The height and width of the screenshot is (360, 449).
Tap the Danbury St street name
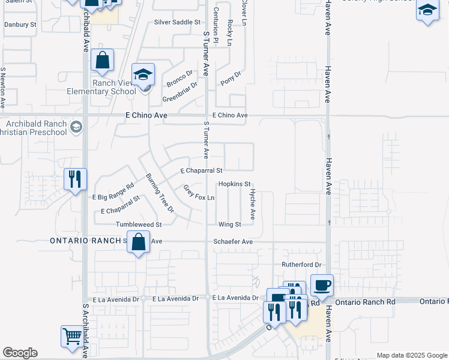pyautogui.click(x=20, y=25)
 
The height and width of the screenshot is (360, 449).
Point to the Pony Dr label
pyautogui.click(x=231, y=79)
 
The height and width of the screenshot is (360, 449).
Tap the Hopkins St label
pyautogui.click(x=234, y=184)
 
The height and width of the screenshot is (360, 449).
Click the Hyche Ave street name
pyautogui.click(x=253, y=204)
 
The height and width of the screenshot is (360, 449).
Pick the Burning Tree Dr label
pyautogui.click(x=160, y=193)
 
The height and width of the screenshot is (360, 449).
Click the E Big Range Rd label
pyautogui.click(x=113, y=192)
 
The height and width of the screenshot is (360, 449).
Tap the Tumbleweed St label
pyautogui.click(x=139, y=224)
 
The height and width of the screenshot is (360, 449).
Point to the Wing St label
pyautogui.click(x=229, y=224)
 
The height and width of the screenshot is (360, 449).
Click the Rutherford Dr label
pyautogui.click(x=301, y=265)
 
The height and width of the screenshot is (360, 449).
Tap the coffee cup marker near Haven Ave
pyautogui.click(x=322, y=284)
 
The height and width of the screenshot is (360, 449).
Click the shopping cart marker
pyautogui.click(x=72, y=336)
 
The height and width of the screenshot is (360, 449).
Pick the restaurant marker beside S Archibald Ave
pyautogui.click(x=76, y=178)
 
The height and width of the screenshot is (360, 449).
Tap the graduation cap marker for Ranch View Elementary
pyautogui.click(x=143, y=74)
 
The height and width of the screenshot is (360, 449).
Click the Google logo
pyautogui.click(x=20, y=353)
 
